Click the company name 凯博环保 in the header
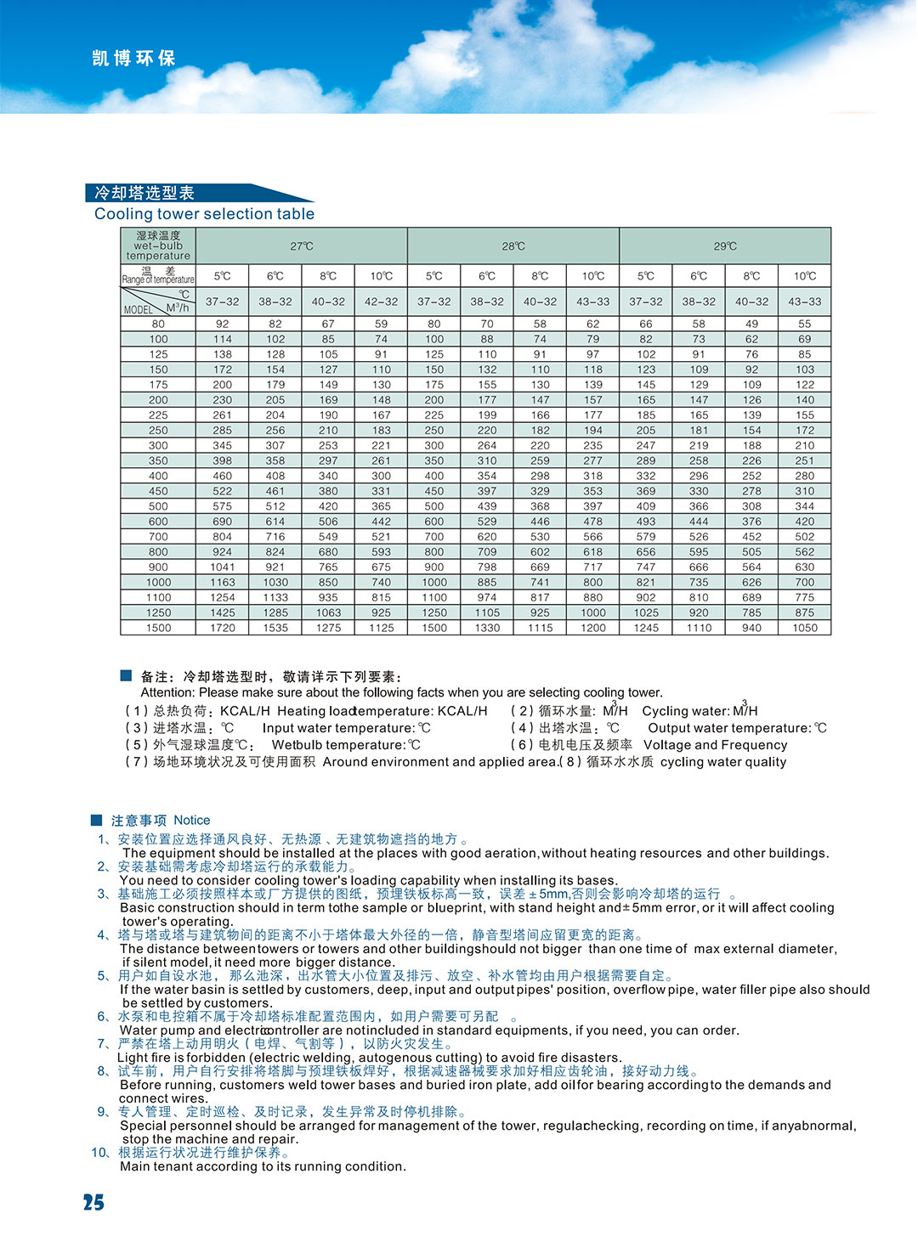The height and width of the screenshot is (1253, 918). pos(133,59)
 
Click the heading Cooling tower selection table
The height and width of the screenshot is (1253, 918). pos(204,214)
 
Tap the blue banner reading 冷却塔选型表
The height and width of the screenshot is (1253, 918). pos(144,193)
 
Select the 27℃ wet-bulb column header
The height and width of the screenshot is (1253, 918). pos(302,246)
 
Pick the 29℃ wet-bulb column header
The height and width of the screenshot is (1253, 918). pos(725,246)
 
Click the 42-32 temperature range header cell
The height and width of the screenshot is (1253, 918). pos(381,302)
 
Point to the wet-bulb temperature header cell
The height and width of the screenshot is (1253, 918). pos(158,246)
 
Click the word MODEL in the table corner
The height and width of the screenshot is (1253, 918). pos(139,310)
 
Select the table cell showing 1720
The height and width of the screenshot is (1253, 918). pos(223,628)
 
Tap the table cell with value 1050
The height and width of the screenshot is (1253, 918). pos(804,628)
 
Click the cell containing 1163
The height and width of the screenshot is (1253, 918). pos(223,582)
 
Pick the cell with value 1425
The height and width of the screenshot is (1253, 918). pos(223,612)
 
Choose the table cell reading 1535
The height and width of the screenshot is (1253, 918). pos(275,628)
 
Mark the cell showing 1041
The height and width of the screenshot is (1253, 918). pos(223,567)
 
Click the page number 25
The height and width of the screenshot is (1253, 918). pos(93,1202)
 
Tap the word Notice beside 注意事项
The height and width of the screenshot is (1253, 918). pos(191,820)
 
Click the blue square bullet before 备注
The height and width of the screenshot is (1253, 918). pos(126,675)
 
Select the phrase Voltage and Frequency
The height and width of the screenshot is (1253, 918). pos(715,745)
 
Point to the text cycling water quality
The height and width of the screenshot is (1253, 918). pos(723,762)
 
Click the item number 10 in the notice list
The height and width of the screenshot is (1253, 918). pos(100,1153)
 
